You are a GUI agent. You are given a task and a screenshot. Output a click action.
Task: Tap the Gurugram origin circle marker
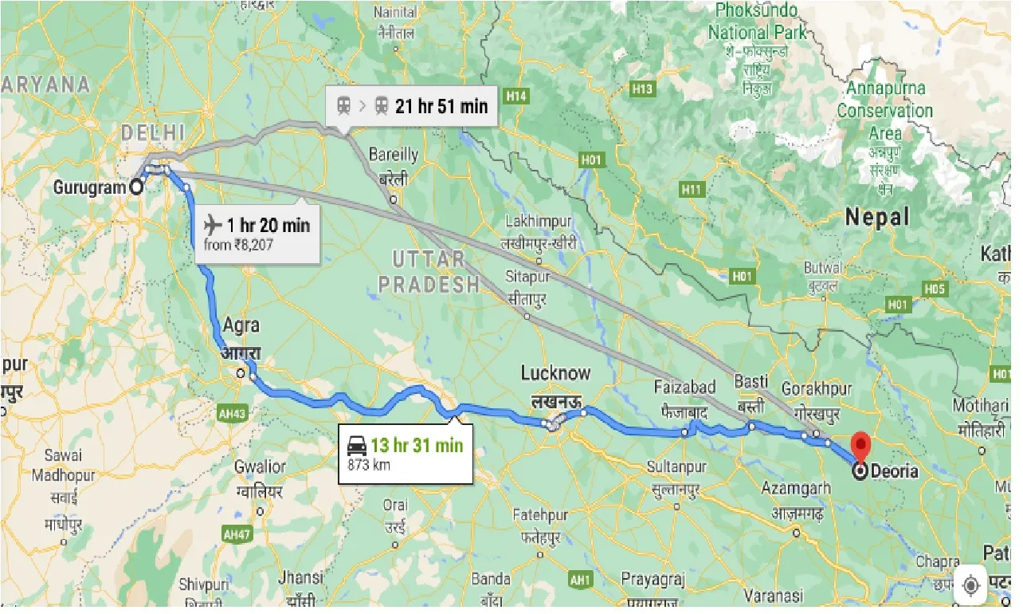[x=136, y=187]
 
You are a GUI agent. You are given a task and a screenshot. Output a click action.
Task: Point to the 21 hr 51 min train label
[x=441, y=105]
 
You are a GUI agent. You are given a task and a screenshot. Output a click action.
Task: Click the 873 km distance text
[x=369, y=465]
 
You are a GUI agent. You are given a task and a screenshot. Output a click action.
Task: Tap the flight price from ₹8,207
[x=238, y=245]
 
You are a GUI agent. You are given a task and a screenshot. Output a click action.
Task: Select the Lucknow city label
[x=555, y=373]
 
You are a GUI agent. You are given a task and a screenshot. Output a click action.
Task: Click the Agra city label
[x=241, y=326]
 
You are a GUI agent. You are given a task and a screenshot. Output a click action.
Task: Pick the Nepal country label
[x=876, y=216]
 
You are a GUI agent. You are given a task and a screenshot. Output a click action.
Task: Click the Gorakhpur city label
[x=816, y=389]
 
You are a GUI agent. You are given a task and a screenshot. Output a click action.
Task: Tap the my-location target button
[x=970, y=584]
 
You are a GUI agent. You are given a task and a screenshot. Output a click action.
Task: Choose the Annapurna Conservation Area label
[x=885, y=110]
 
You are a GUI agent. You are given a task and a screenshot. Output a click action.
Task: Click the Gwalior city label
[x=260, y=466]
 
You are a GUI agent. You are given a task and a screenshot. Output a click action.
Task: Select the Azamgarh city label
[x=797, y=486]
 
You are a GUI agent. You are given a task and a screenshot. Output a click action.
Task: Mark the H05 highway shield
[x=934, y=289]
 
